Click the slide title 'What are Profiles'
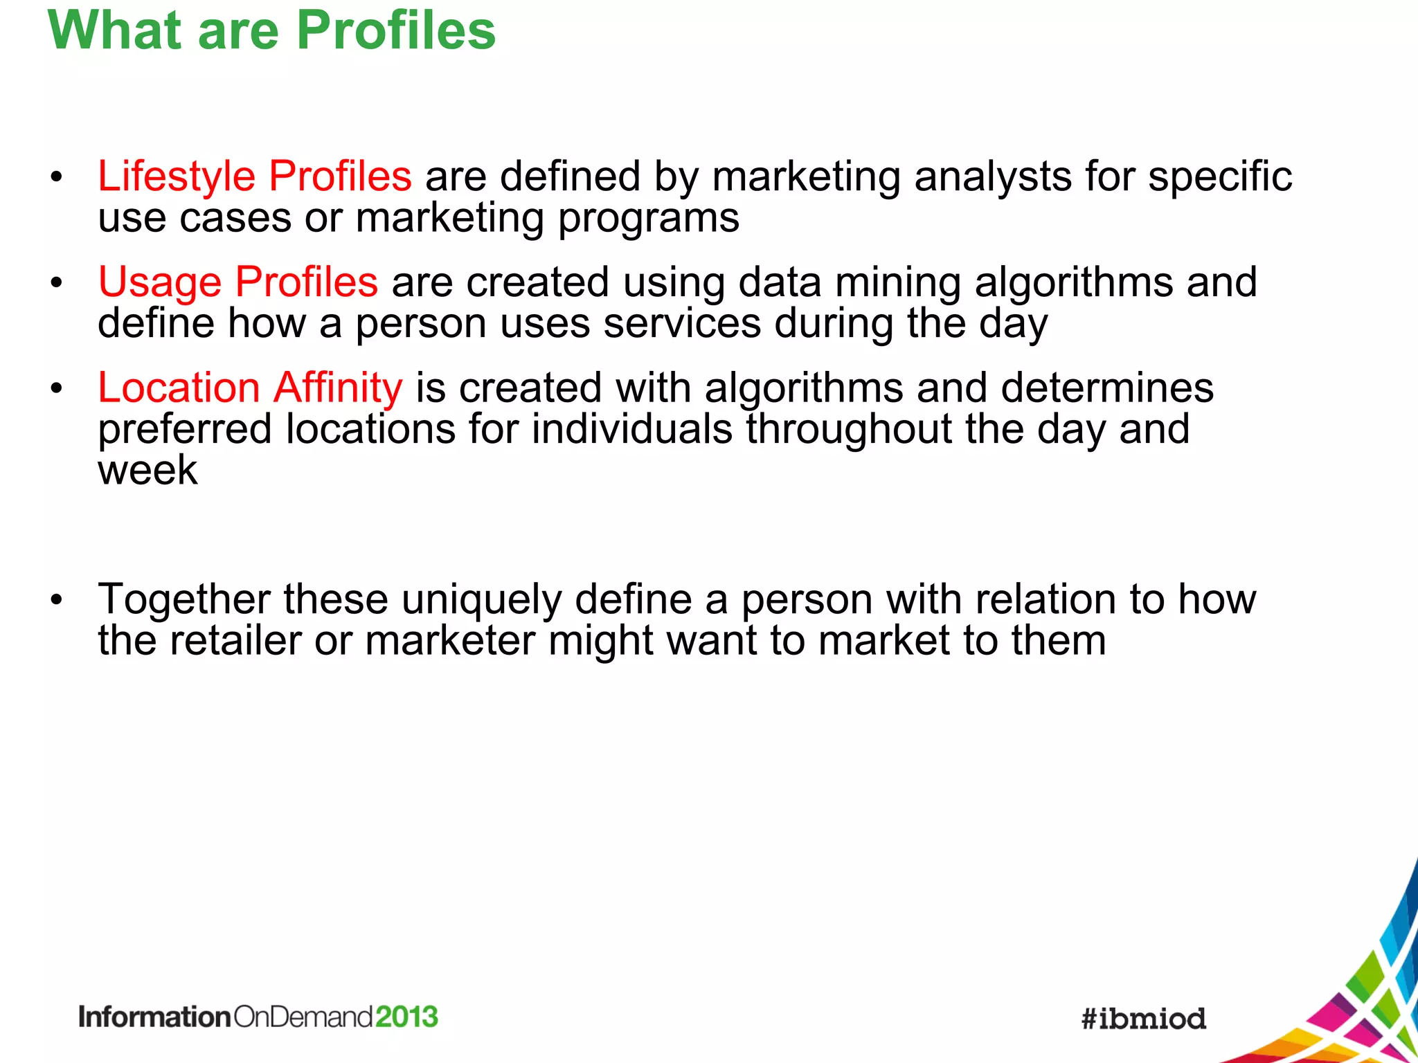coord(271,31)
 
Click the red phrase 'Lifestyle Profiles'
coord(254,176)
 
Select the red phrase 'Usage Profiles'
coord(237,282)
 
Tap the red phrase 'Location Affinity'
coord(249,388)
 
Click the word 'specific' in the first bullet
coord(1220,177)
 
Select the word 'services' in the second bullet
coord(681,324)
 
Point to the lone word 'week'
coord(147,471)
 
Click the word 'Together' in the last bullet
coord(183,599)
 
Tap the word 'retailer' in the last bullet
coord(235,640)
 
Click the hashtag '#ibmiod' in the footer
coord(1144,1019)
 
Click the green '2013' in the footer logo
coord(406,1017)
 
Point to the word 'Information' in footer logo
coord(154,1017)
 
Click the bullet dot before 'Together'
coord(56,600)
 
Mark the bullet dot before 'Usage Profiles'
coord(56,283)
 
